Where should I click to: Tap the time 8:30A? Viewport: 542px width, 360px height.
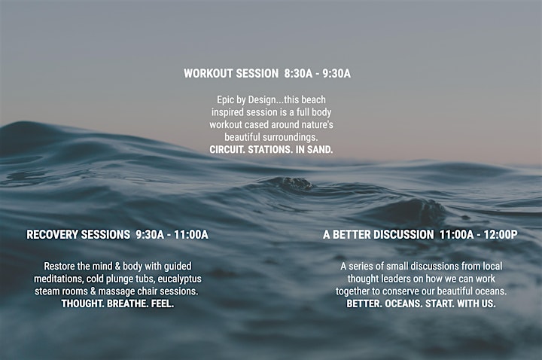(x=298, y=73)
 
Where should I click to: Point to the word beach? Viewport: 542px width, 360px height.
(x=313, y=99)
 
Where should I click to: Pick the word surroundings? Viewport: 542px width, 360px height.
(x=291, y=137)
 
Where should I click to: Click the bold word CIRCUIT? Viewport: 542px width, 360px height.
(x=227, y=149)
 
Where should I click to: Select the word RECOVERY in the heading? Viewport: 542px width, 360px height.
(x=52, y=234)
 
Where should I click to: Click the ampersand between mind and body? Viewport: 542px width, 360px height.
(x=117, y=267)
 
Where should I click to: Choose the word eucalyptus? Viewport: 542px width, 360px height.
(x=180, y=279)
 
